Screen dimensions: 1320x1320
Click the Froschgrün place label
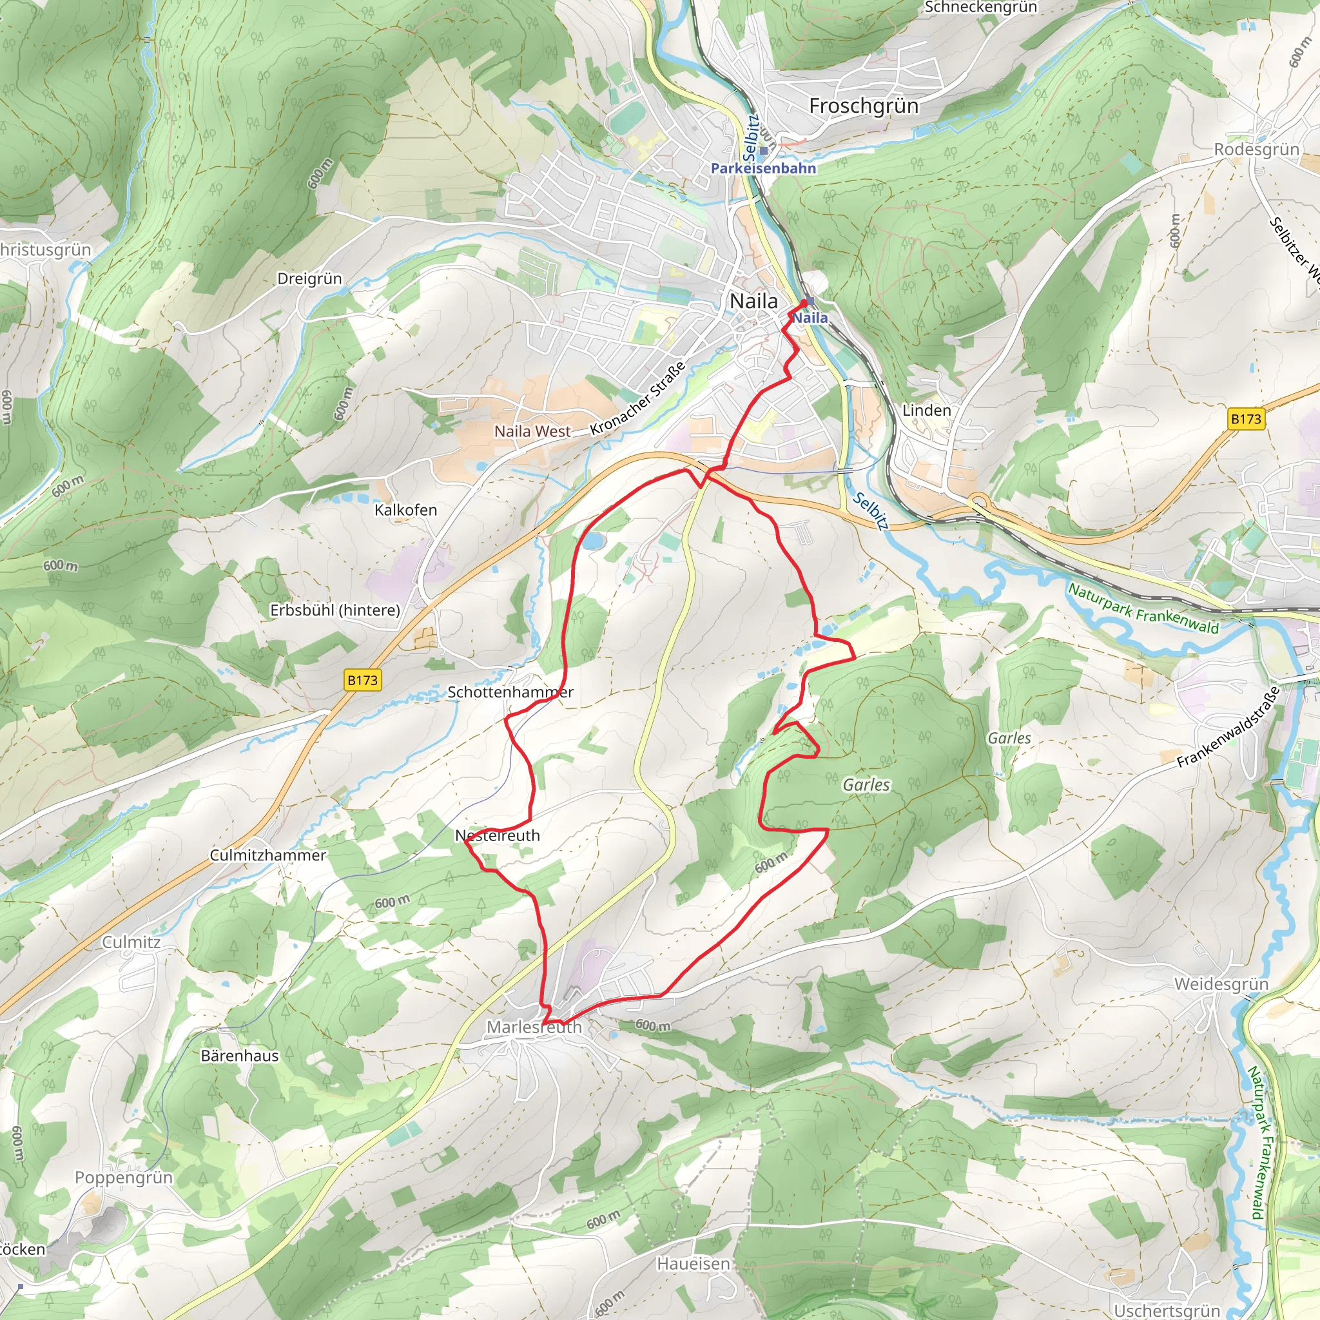tap(864, 106)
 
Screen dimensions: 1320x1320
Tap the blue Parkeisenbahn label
tap(763, 168)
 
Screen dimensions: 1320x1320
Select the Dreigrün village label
tap(309, 278)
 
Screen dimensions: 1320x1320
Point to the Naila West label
tap(532, 431)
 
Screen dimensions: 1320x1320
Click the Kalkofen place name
tap(406, 510)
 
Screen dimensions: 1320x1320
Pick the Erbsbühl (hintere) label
tap(335, 610)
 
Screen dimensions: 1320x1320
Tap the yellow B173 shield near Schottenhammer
tap(362, 680)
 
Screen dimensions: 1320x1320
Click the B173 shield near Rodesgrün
tap(1245, 419)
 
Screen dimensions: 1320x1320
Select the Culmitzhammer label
tap(268, 855)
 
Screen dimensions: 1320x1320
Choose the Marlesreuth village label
tap(534, 1027)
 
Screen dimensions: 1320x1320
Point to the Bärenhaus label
tap(240, 1056)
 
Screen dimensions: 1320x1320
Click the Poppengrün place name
tap(124, 1177)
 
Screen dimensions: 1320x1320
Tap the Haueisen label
tap(694, 1264)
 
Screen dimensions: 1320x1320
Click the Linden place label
tap(926, 411)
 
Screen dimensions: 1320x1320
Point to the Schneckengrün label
tap(980, 8)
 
